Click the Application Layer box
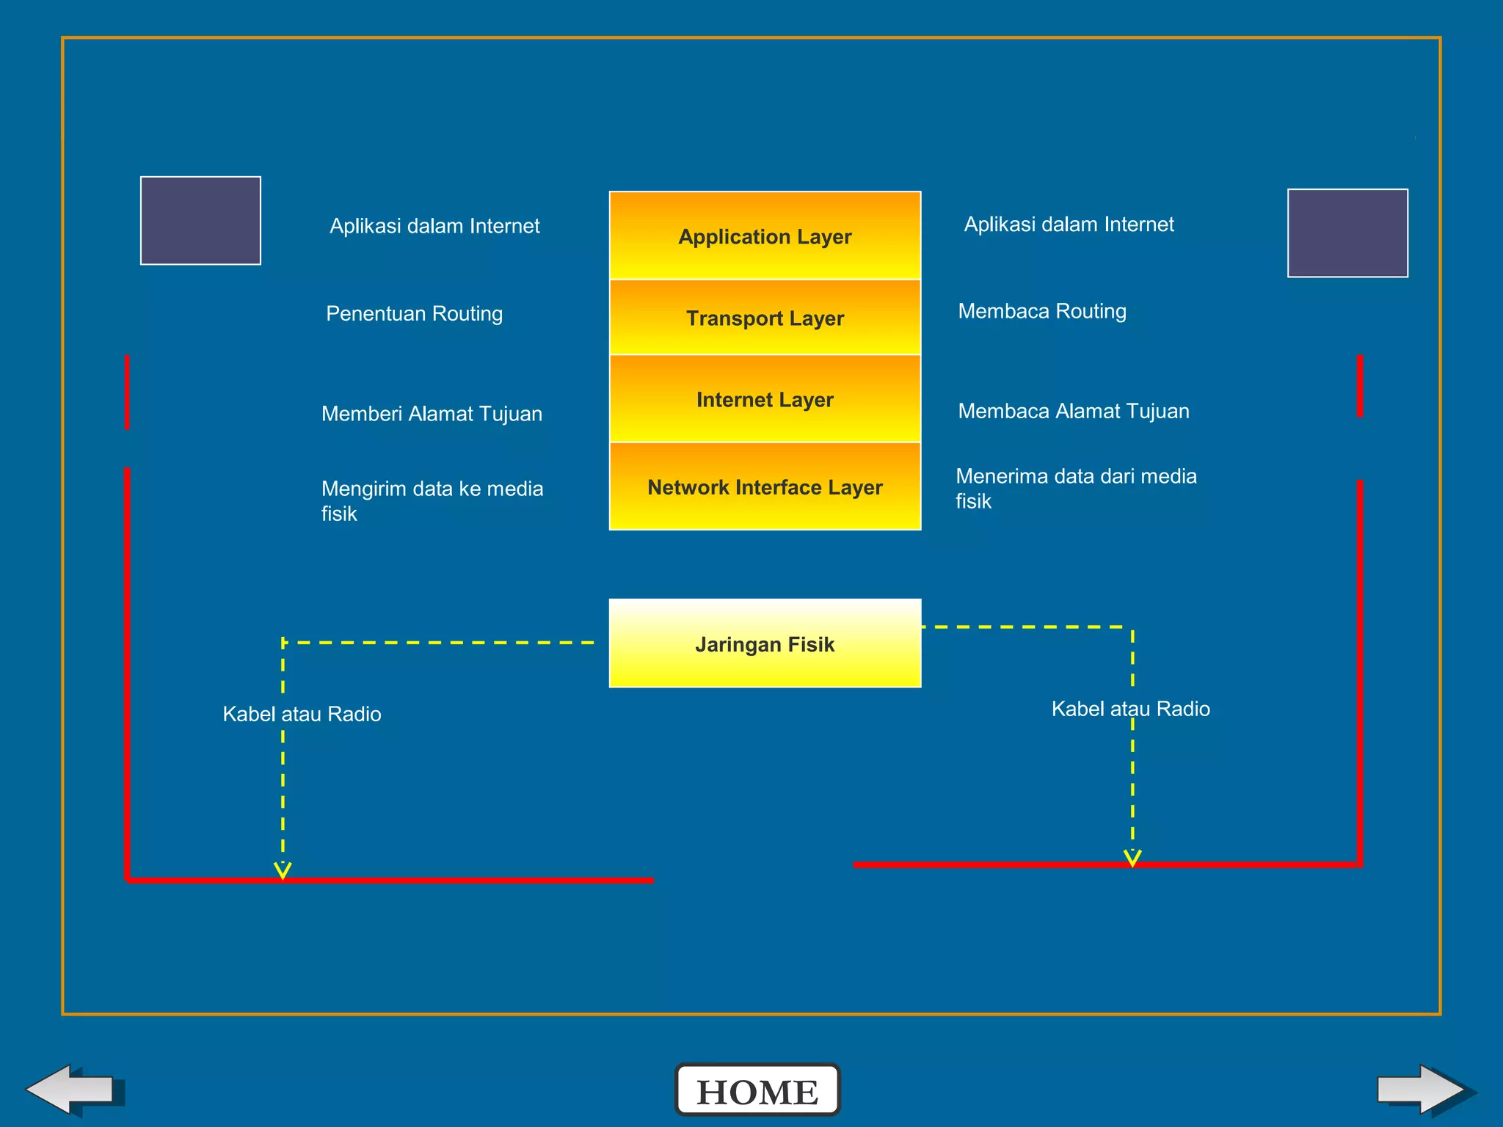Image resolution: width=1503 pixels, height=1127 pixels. [x=765, y=236]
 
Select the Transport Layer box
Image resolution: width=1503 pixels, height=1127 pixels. [x=765, y=318]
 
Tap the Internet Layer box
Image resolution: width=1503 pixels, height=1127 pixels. [x=765, y=399]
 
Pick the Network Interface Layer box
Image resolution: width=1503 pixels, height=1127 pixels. [x=765, y=486]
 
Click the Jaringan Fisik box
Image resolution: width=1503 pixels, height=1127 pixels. [x=765, y=643]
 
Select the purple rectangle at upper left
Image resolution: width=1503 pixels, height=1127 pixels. [x=200, y=220]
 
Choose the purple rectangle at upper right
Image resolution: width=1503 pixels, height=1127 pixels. [x=1347, y=233]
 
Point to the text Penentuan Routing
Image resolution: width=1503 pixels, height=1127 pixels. [x=415, y=313]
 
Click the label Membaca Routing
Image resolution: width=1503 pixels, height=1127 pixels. [x=1042, y=311]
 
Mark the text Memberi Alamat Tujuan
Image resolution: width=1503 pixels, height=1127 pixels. [x=432, y=414]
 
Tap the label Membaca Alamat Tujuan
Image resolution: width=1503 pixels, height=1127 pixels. [x=1074, y=411]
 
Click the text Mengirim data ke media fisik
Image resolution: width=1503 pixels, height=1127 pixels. [x=432, y=500]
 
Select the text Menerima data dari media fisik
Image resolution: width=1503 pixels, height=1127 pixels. [x=1076, y=488]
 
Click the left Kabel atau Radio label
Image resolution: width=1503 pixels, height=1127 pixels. [x=302, y=714]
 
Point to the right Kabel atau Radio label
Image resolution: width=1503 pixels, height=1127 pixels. [x=1130, y=709]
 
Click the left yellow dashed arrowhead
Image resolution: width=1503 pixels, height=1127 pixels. [x=283, y=870]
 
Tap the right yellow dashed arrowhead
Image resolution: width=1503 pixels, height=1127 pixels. [x=1132, y=858]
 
